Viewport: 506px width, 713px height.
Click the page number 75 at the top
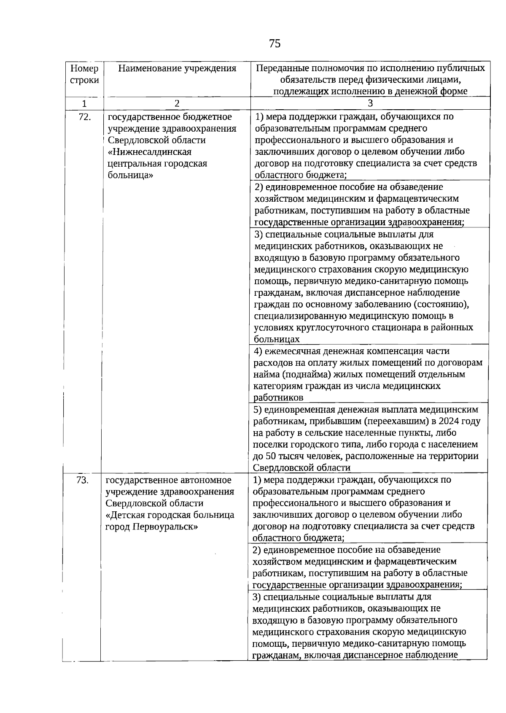tap(275, 43)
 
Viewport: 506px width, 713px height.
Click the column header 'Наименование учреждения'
tap(177, 68)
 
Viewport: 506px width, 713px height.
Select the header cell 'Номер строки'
tap(84, 74)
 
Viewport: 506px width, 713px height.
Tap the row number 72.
tap(85, 117)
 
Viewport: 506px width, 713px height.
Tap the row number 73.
tap(82, 480)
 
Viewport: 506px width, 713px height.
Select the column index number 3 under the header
tap(370, 103)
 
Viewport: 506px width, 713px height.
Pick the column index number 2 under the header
tap(177, 103)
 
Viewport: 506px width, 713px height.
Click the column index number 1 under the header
tap(84, 103)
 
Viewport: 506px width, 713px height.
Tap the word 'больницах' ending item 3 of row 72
tap(277, 339)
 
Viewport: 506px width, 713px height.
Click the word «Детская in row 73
tap(125, 515)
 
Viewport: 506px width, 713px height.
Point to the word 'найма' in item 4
tap(266, 374)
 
